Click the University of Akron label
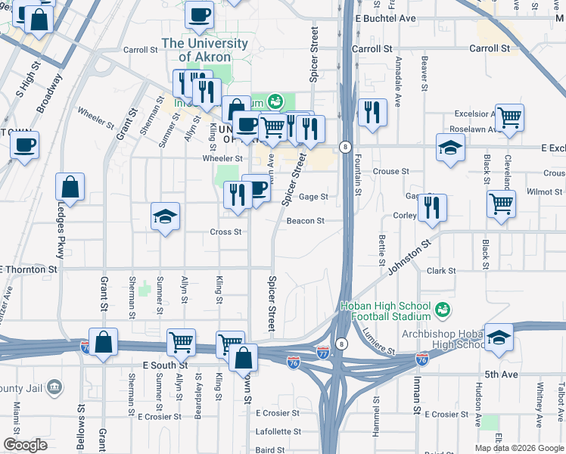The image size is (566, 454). tap(204, 50)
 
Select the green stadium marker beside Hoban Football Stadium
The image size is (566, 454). tap(443, 309)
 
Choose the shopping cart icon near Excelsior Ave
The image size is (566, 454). tap(510, 117)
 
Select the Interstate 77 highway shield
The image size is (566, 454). tap(323, 353)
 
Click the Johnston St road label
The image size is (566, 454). tap(409, 257)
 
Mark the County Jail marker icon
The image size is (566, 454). tap(54, 387)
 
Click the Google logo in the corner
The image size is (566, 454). tap(25, 445)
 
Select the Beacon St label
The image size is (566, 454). tap(306, 221)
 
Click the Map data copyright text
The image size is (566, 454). tap(518, 448)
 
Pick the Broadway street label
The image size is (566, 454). tap(50, 92)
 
